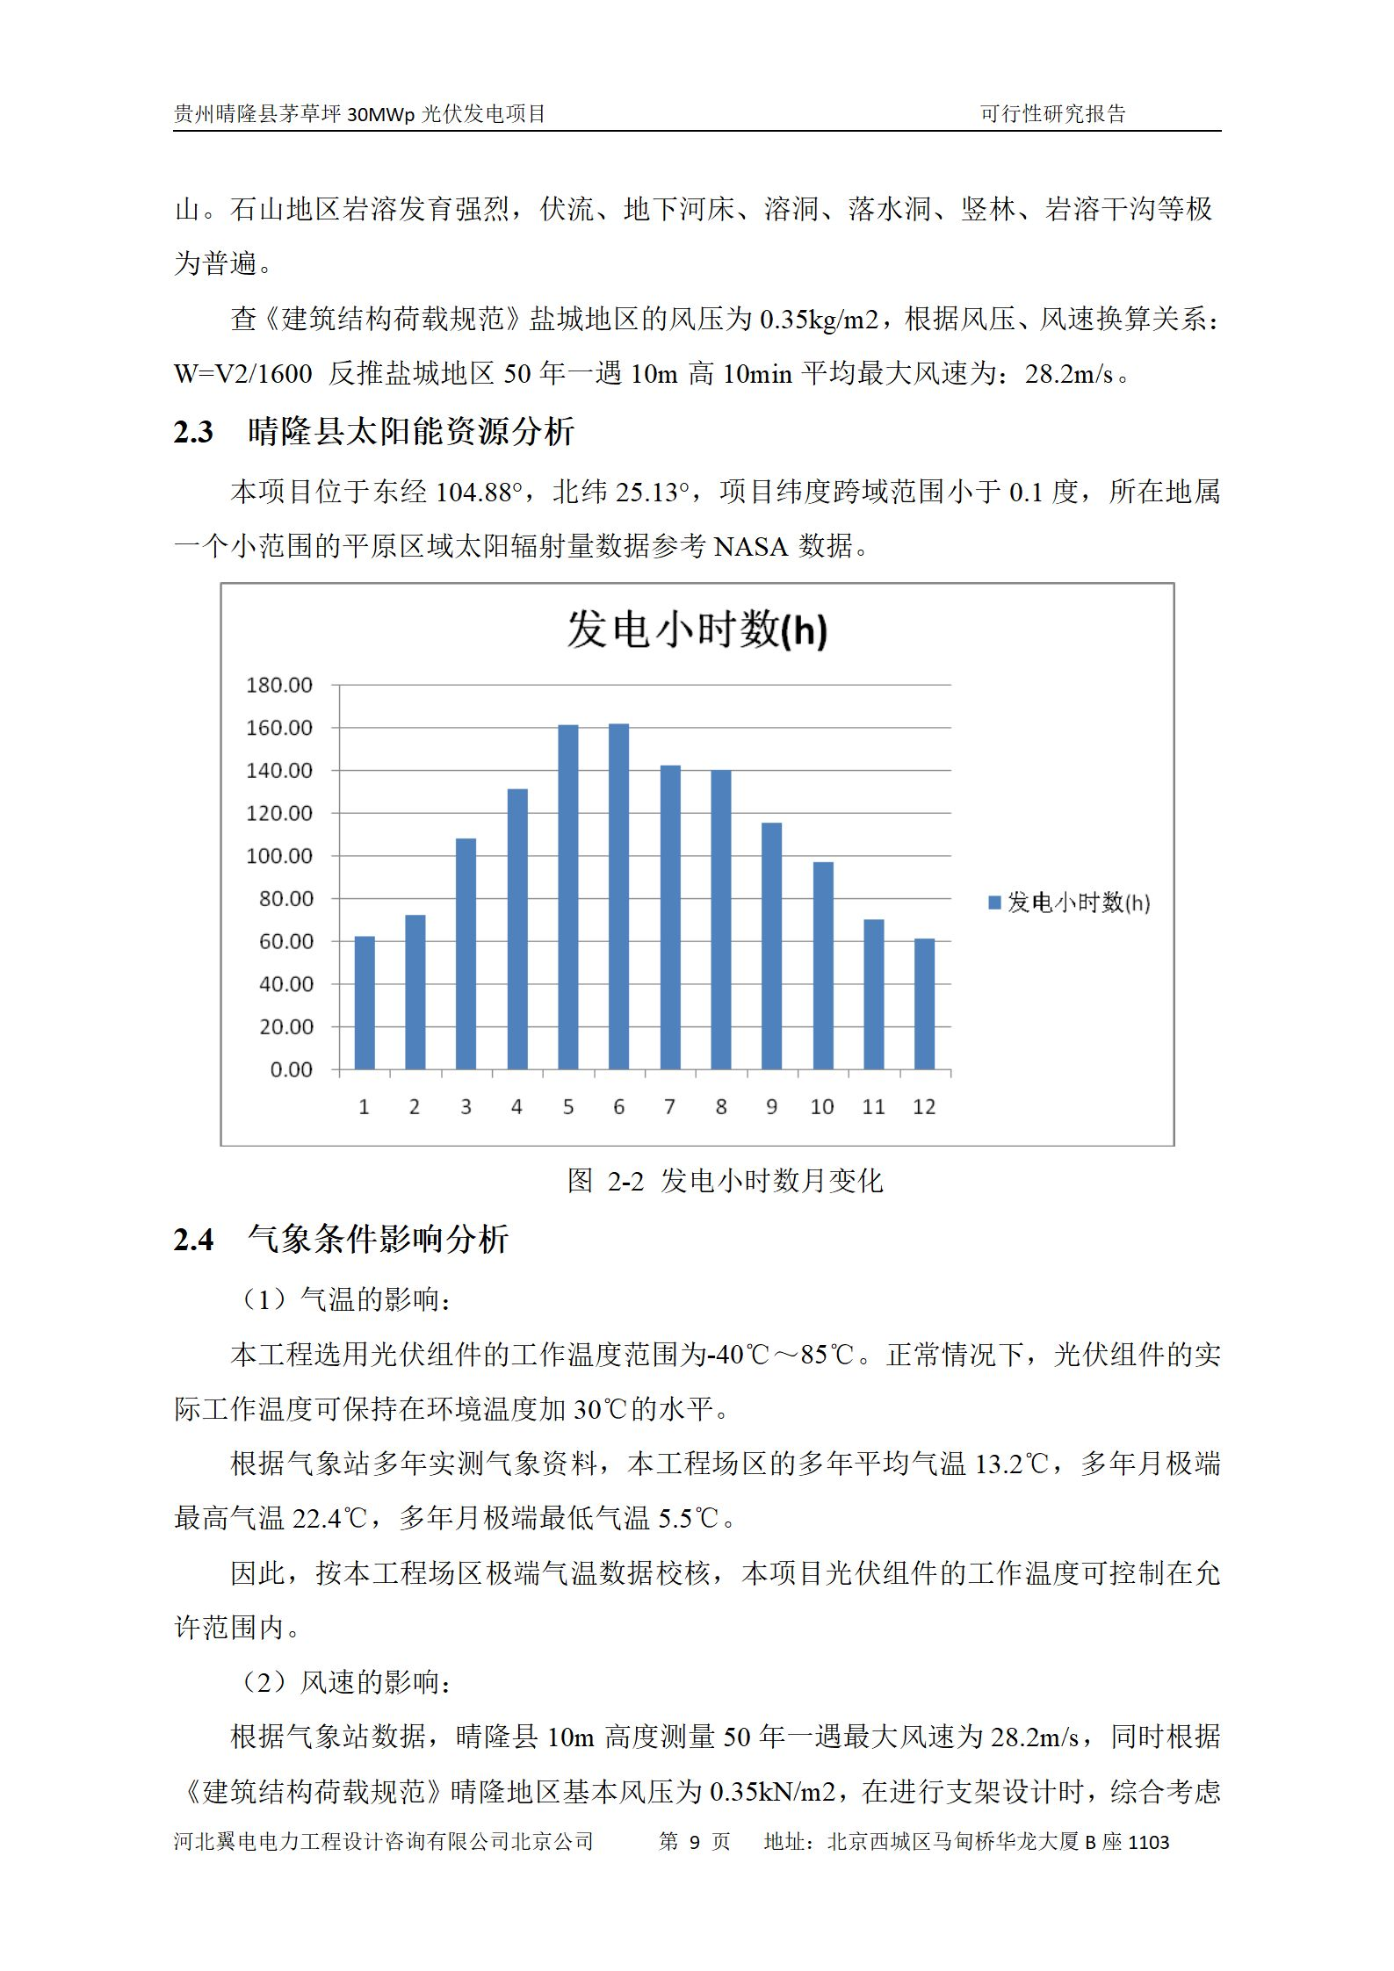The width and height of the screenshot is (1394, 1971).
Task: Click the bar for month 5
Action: coord(567,896)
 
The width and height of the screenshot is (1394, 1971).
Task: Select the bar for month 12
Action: coord(924,1003)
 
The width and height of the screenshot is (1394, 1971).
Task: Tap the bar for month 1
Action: coord(365,1003)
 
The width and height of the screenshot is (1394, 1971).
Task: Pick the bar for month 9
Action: coord(771,946)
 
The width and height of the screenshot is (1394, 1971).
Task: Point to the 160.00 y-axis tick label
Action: coord(279,728)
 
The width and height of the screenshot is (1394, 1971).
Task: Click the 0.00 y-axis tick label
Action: coord(291,1069)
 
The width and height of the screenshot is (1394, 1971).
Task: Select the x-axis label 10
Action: coord(822,1107)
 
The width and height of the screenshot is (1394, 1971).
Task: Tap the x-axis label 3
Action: coord(466,1107)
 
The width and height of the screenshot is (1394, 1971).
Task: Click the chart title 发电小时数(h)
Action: coord(697,629)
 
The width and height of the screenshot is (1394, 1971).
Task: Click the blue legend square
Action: coord(994,903)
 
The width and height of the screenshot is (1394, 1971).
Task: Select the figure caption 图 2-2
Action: coord(606,1181)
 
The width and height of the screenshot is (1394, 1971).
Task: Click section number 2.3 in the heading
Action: coord(193,432)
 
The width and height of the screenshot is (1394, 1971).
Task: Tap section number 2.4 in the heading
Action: coord(193,1240)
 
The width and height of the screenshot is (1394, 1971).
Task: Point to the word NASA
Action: coord(750,547)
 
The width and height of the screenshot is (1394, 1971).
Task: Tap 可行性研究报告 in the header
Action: coord(1052,114)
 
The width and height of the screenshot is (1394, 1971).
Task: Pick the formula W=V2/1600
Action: coord(242,374)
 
